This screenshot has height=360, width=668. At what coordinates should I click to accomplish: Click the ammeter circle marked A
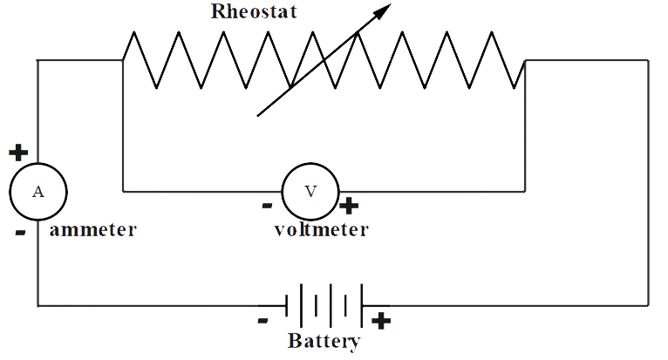click(x=37, y=192)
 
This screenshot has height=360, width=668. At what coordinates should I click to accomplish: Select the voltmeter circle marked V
click(x=310, y=191)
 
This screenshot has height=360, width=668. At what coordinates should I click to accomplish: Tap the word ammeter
click(x=93, y=231)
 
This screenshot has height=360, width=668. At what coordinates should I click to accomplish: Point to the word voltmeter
click(x=320, y=231)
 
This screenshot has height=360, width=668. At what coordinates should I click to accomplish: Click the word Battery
click(x=323, y=341)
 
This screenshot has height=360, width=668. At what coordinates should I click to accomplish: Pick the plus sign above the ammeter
click(x=17, y=153)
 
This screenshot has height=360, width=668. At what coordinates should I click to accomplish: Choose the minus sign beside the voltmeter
click(x=267, y=207)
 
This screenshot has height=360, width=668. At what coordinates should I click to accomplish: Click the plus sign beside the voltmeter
click(x=349, y=207)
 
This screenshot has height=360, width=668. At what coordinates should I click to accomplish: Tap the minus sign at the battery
click(x=262, y=320)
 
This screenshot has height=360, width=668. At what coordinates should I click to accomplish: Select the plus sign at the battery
click(x=380, y=320)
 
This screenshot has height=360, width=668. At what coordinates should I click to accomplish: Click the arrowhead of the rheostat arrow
click(x=385, y=10)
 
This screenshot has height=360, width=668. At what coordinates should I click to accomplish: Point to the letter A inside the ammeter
click(x=37, y=192)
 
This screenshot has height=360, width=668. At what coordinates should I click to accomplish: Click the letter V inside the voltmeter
click(x=310, y=191)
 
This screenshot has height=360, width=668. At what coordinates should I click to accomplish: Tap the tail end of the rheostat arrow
click(x=257, y=115)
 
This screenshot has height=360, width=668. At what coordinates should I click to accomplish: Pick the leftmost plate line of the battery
click(x=287, y=305)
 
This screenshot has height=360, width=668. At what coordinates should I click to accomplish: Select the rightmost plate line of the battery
click(x=361, y=305)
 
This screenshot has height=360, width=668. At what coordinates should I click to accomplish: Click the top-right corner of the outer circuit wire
click(x=648, y=60)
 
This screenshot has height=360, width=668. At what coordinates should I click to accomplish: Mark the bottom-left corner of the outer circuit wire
click(x=37, y=305)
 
